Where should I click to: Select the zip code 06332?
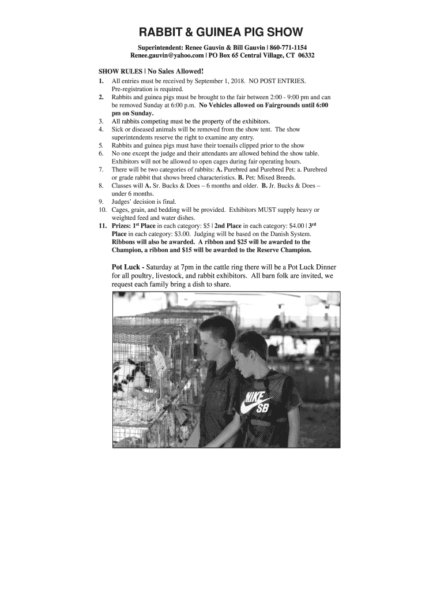tap(305, 55)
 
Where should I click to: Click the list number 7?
tap(101, 170)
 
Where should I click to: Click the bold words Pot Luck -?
tap(127, 268)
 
